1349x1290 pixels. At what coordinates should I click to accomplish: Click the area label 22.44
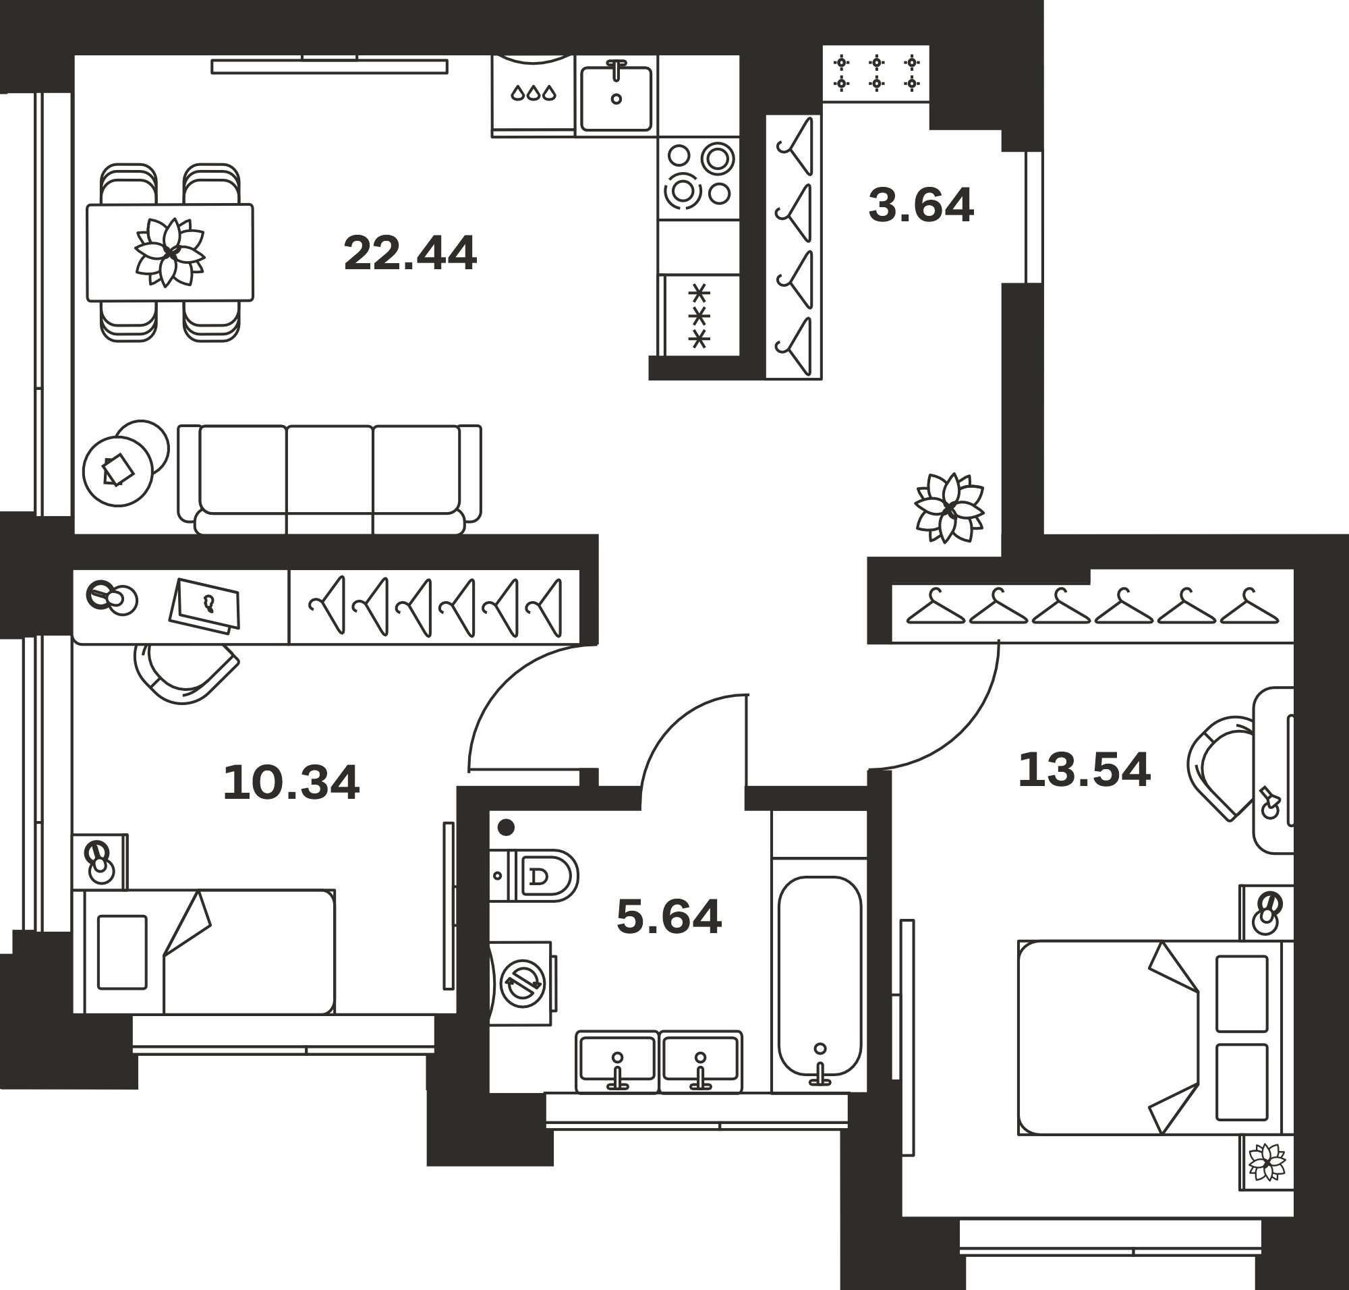(x=410, y=253)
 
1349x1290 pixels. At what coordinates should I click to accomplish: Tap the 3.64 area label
(x=921, y=205)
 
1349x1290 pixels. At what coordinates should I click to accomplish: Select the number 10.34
(x=291, y=783)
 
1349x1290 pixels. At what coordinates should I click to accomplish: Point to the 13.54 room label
(x=1084, y=769)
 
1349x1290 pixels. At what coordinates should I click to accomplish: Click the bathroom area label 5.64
(x=669, y=917)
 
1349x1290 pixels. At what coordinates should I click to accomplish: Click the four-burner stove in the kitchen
(x=699, y=178)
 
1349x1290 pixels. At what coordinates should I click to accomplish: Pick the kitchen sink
(x=616, y=98)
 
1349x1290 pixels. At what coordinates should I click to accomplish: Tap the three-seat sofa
(x=329, y=479)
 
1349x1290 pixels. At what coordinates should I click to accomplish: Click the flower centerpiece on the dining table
(x=169, y=252)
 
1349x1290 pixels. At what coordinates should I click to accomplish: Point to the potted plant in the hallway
(x=950, y=507)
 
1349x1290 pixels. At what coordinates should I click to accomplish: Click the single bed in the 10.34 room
(x=204, y=952)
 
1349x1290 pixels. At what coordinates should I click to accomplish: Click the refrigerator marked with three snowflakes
(x=699, y=316)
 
